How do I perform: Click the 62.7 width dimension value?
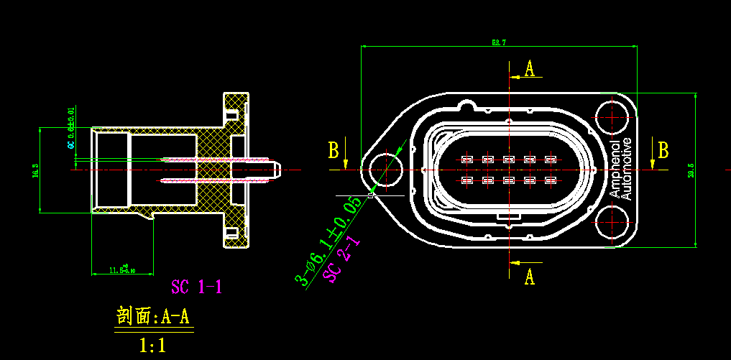[x=499, y=43]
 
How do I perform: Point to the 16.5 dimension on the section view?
[x=35, y=171]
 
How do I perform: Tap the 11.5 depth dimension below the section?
[x=122, y=270]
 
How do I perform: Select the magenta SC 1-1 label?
[x=196, y=287]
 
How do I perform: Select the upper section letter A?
[x=530, y=69]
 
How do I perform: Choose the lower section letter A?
[x=530, y=276]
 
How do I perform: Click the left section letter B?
[x=334, y=150]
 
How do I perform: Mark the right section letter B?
[x=663, y=150]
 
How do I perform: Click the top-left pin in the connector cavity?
[x=466, y=159]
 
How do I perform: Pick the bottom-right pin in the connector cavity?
[x=551, y=180]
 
